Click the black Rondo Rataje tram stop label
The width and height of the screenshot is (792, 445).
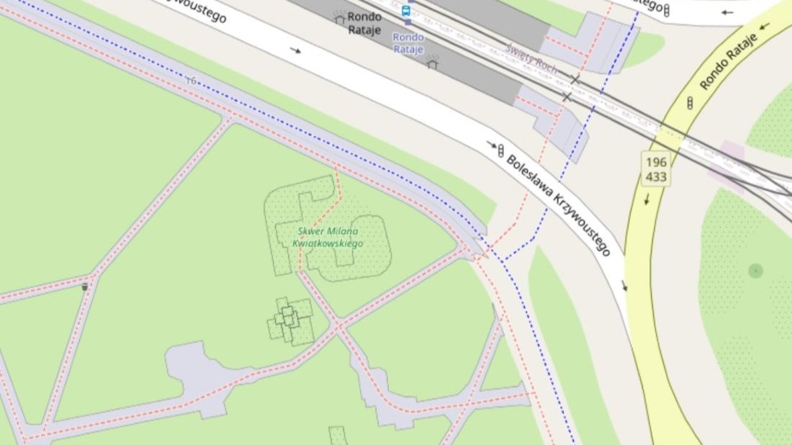[x=364, y=22]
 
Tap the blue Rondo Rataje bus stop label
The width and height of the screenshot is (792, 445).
[x=408, y=42]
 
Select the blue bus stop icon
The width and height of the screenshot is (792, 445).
[x=406, y=11]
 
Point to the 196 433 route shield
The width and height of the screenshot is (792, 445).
[x=656, y=169]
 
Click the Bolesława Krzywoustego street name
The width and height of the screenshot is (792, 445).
[x=559, y=205]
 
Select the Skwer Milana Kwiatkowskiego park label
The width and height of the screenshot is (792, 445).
[x=328, y=237]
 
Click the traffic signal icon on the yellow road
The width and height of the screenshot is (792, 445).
[x=690, y=103]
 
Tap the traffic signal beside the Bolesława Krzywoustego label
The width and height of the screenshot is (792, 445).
[x=500, y=150]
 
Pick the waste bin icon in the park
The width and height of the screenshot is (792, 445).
[x=85, y=287]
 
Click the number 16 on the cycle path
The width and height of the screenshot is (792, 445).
[x=190, y=81]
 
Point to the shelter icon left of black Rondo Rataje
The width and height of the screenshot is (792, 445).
[x=339, y=18]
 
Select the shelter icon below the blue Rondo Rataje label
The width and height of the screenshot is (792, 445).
[x=432, y=62]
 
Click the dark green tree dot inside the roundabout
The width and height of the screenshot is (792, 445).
[x=755, y=271]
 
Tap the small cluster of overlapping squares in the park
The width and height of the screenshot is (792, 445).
[x=289, y=320]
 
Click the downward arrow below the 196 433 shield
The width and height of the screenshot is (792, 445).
[x=647, y=199]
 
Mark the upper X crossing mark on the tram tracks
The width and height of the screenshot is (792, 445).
[x=575, y=79]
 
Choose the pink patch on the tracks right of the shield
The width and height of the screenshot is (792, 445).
[x=727, y=163]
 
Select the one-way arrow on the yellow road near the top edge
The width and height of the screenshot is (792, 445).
[x=765, y=27]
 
